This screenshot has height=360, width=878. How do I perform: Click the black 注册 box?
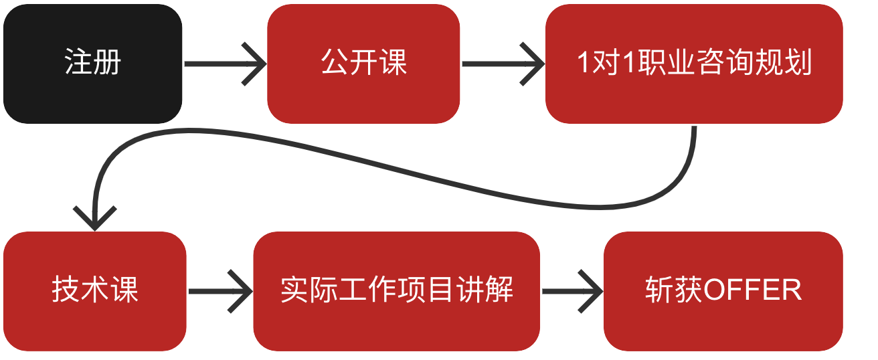tap(92, 64)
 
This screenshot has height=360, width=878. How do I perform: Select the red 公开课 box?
tap(363, 64)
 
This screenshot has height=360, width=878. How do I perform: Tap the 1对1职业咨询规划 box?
tap(693, 64)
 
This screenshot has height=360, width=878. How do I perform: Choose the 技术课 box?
tap(94, 291)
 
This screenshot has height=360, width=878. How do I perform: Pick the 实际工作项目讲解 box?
tap(396, 291)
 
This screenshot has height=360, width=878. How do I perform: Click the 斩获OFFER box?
tap(723, 291)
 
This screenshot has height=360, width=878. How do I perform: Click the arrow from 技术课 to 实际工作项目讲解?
tap(219, 292)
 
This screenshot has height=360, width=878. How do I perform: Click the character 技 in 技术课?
tap(66, 291)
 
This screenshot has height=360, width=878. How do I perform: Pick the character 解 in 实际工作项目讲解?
tap(500, 291)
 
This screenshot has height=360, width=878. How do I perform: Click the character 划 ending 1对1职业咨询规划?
tap(800, 64)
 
